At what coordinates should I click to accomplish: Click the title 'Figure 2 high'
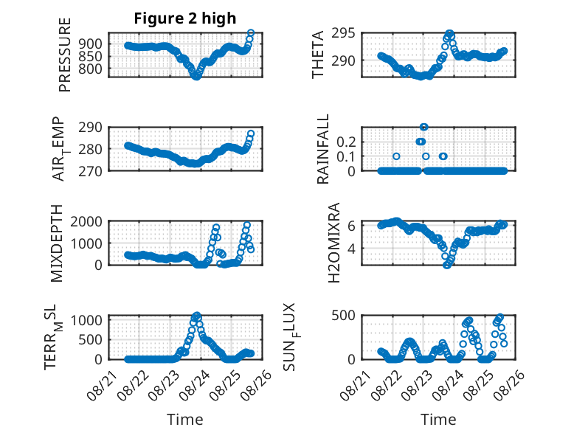(x=185, y=18)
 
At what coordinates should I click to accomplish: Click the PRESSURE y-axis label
(x=64, y=55)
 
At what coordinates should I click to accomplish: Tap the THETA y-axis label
(x=318, y=55)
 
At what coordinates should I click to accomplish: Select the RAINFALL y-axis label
(x=323, y=149)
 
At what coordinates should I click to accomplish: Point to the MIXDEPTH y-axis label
(x=57, y=243)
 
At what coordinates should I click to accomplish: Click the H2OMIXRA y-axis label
(x=334, y=243)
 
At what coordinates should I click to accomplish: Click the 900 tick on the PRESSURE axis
(x=91, y=44)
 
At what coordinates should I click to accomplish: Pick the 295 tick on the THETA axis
(x=343, y=33)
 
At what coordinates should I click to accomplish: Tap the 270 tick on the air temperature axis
(x=91, y=171)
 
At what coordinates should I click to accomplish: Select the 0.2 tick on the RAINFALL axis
(x=346, y=142)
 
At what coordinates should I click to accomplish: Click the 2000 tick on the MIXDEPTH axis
(x=86, y=221)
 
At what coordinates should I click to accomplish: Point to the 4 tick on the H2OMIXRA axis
(x=351, y=249)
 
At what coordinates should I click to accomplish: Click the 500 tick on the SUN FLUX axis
(x=343, y=315)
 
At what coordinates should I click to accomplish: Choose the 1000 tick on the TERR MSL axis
(x=86, y=321)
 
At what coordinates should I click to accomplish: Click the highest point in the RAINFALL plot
(x=424, y=127)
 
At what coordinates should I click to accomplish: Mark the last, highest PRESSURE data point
(x=251, y=33)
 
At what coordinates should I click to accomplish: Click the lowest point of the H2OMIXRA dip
(x=446, y=266)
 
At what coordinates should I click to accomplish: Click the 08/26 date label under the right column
(x=510, y=385)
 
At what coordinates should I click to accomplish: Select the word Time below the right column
(x=438, y=420)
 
